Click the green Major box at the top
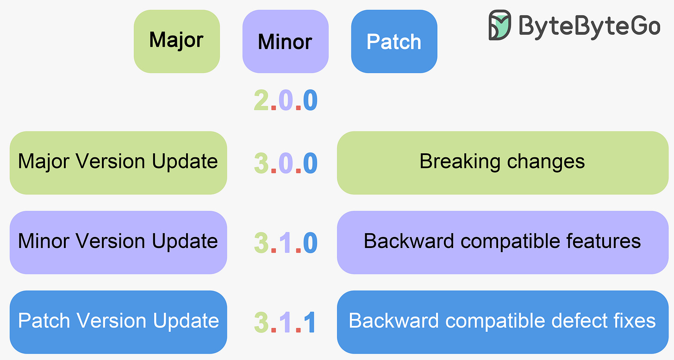(x=176, y=41)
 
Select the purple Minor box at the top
(x=285, y=41)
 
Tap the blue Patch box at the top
(x=394, y=41)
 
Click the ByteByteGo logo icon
(x=500, y=25)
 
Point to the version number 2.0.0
(x=286, y=100)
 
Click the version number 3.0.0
(x=286, y=163)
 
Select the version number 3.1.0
(x=286, y=242)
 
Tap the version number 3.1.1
(x=286, y=322)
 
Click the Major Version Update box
(x=118, y=162)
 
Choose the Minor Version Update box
(x=118, y=242)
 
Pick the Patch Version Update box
(x=118, y=322)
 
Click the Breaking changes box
(x=502, y=162)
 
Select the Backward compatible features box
(x=502, y=242)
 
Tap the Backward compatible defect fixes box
(x=502, y=322)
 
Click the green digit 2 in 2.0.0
(x=262, y=100)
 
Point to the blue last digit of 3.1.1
(x=310, y=322)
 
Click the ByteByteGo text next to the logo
(x=589, y=25)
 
